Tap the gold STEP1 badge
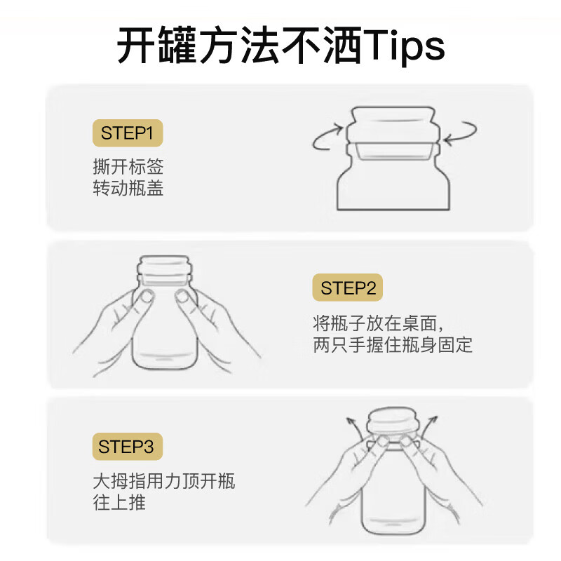point(128,133)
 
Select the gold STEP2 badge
point(348,288)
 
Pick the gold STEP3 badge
point(128,447)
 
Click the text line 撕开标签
point(128,166)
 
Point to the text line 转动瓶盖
point(128,188)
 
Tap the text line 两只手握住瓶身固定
point(393,344)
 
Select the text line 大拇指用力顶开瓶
point(164,481)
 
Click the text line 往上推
point(119,502)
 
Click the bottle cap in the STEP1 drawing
point(393,126)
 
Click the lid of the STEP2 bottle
point(165,270)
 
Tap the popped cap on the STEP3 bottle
point(393,421)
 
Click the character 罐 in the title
point(178,46)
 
